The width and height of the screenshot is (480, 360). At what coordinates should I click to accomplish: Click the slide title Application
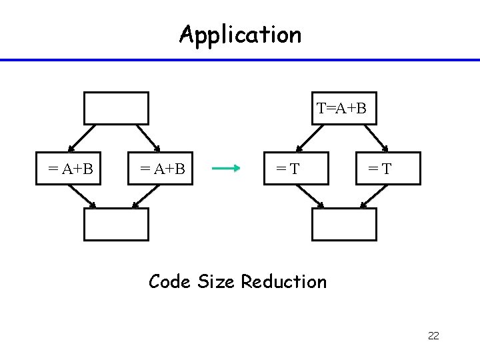tap(240, 34)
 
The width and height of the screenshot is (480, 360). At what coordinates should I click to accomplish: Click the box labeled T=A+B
tap(342, 109)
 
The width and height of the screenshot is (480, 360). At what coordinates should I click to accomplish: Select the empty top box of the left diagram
tap(116, 109)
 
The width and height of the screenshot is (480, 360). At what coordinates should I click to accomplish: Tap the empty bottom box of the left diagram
tap(116, 224)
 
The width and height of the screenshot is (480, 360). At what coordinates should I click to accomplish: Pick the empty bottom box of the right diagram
tap(344, 224)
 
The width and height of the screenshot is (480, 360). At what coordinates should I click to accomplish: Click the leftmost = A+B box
tap(70, 169)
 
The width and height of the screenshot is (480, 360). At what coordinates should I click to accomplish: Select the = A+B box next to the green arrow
tap(161, 169)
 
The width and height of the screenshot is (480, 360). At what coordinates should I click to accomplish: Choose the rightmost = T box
tap(389, 169)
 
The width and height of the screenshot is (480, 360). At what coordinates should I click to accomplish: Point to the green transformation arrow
tap(225, 169)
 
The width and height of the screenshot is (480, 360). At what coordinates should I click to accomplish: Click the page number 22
tap(433, 335)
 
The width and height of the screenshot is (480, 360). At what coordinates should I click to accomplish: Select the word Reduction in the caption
tap(284, 282)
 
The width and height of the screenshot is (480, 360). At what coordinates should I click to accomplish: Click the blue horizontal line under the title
tap(240, 60)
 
